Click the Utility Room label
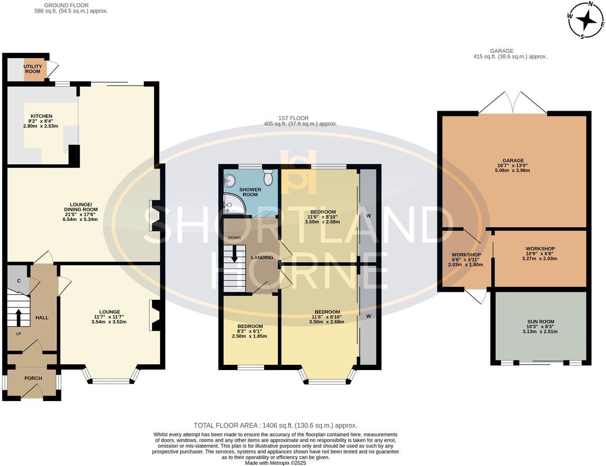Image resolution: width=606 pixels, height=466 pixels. (33, 69)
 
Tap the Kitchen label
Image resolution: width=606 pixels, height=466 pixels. (41, 116)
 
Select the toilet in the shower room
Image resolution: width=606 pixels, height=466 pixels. (268, 177)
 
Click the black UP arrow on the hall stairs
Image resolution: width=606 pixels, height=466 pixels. (18, 317)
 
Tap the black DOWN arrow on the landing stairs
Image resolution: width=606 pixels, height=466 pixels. (234, 254)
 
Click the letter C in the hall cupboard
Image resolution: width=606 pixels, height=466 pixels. (19, 280)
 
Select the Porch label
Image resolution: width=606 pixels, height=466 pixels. (33, 378)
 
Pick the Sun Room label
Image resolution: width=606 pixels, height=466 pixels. (541, 321)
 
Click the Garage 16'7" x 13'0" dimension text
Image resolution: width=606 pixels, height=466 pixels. (513, 165)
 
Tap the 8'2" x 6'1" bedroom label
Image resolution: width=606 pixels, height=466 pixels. (250, 331)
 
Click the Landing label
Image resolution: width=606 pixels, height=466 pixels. (262, 258)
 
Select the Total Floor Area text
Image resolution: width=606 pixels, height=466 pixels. (275, 426)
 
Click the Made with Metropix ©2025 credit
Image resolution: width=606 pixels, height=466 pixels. (275, 463)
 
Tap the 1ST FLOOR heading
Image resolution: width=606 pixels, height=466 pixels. (294, 118)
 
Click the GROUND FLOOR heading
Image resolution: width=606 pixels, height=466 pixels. (66, 5)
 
